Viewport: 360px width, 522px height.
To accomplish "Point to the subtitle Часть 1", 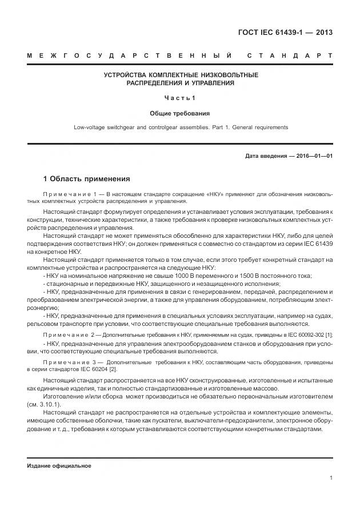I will tap(180, 98).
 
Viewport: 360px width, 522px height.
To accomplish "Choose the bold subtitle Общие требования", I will tap(180, 113).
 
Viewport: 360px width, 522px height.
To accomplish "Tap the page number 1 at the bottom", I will tap(331, 478).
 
